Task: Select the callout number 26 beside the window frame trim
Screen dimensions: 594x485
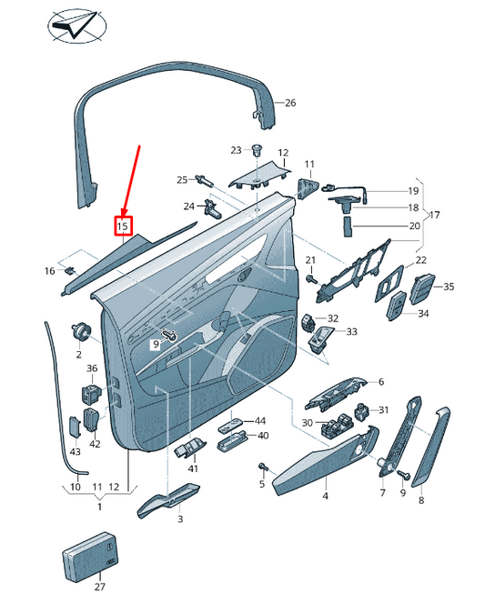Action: [290, 103]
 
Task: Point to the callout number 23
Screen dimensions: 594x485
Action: [236, 150]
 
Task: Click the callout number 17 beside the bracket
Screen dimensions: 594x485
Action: [434, 216]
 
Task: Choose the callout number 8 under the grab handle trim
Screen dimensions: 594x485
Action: [421, 499]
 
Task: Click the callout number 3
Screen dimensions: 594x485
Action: [179, 518]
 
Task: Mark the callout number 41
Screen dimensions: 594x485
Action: [193, 468]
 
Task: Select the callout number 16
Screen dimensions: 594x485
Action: [50, 271]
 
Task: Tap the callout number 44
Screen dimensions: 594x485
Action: [260, 421]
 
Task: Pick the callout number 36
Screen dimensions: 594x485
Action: [92, 368]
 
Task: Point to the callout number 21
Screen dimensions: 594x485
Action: [310, 261]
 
